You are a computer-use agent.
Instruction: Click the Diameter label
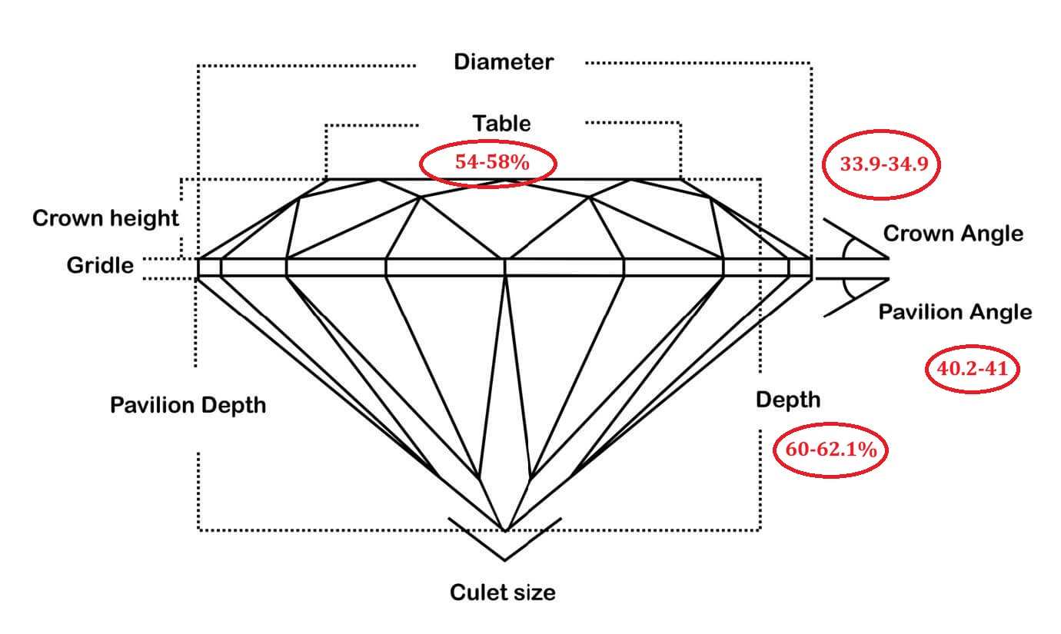click(503, 62)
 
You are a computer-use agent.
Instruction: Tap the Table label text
click(501, 123)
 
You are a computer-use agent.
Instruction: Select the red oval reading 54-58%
click(487, 163)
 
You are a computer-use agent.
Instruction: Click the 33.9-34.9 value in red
click(880, 164)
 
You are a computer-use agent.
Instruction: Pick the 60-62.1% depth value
click(830, 450)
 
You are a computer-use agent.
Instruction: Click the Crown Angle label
click(953, 234)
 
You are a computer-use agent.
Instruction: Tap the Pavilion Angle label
click(955, 312)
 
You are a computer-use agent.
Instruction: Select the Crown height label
click(105, 218)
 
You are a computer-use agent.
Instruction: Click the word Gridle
click(100, 266)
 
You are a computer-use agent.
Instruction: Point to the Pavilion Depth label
click(188, 405)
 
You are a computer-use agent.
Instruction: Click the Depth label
click(787, 400)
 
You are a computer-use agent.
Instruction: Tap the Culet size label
click(502, 593)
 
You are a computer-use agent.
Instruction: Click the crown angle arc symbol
click(846, 247)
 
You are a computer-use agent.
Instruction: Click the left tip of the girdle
click(199, 267)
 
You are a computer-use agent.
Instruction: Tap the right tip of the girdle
click(811, 267)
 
